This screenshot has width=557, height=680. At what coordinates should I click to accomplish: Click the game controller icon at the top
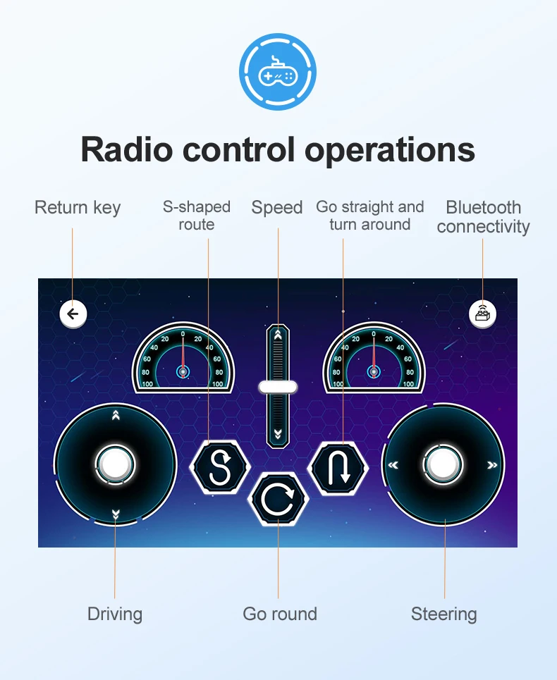pos(278,73)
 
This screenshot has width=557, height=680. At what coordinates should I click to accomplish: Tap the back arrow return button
pos(73,314)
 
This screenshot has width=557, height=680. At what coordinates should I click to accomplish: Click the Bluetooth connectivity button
pos(482,314)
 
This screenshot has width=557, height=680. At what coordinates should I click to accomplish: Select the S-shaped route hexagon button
pos(220,466)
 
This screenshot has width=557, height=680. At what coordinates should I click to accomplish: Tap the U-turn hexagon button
pos(339,466)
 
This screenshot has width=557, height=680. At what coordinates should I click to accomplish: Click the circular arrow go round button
pos(278,500)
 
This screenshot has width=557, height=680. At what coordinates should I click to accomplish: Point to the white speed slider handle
pos(278,386)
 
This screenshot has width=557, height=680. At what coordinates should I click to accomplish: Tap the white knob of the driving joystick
pos(115,464)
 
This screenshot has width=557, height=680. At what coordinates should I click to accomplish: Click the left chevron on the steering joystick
pos(393,465)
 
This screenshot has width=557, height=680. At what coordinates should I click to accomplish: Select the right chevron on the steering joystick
pos(492,465)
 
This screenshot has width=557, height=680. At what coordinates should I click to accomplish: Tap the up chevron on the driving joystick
pos(116,416)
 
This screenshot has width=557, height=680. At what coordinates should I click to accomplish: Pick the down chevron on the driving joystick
pos(116,514)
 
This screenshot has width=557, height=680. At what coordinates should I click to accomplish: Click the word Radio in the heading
pos(127,149)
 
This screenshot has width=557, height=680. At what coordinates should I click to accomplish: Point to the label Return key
pos(78,208)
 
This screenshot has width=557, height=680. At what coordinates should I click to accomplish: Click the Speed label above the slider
pos(277,208)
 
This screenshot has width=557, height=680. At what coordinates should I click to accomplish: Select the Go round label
pos(280,614)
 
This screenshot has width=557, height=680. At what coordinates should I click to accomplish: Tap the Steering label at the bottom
pos(444,614)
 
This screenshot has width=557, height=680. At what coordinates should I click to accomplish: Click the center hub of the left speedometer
pos(183,371)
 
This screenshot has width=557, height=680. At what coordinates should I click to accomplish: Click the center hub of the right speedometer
pos(374,371)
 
